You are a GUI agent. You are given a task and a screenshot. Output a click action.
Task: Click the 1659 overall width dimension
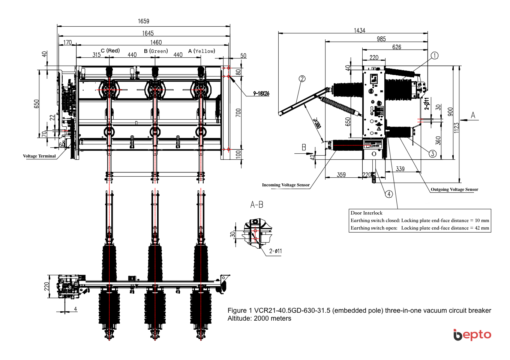(x=143, y=21)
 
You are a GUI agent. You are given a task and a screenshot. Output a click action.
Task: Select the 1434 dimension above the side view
(x=359, y=30)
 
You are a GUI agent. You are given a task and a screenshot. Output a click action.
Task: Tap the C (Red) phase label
(x=110, y=51)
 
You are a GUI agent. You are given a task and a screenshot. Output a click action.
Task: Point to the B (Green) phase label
(x=156, y=51)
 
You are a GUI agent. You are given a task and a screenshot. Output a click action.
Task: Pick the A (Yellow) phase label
(x=202, y=51)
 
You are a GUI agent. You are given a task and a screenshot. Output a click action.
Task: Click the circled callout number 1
(x=434, y=55)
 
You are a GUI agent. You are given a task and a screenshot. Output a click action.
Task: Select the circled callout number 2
(x=302, y=79)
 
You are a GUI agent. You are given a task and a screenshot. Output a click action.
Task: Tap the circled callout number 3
(x=432, y=154)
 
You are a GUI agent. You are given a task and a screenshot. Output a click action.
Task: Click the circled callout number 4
(x=389, y=194)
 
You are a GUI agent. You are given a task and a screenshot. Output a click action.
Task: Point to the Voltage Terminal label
(x=39, y=156)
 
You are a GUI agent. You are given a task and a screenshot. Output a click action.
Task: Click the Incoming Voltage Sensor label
(x=286, y=185)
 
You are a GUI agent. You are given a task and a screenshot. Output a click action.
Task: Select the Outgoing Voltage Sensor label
(x=454, y=189)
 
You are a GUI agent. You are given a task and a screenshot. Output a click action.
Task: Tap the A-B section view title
(x=257, y=205)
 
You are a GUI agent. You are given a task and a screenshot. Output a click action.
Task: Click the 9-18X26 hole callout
(x=261, y=93)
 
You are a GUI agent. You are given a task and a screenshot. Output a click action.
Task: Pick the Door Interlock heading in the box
(x=366, y=213)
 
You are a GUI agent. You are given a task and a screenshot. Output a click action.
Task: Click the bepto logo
(x=472, y=334)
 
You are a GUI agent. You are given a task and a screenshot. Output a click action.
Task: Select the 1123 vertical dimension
(x=456, y=127)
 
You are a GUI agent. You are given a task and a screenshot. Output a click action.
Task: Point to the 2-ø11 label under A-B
(x=275, y=251)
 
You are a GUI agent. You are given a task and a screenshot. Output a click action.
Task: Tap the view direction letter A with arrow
(x=473, y=115)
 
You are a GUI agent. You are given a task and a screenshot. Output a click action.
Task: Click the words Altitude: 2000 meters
(x=259, y=318)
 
